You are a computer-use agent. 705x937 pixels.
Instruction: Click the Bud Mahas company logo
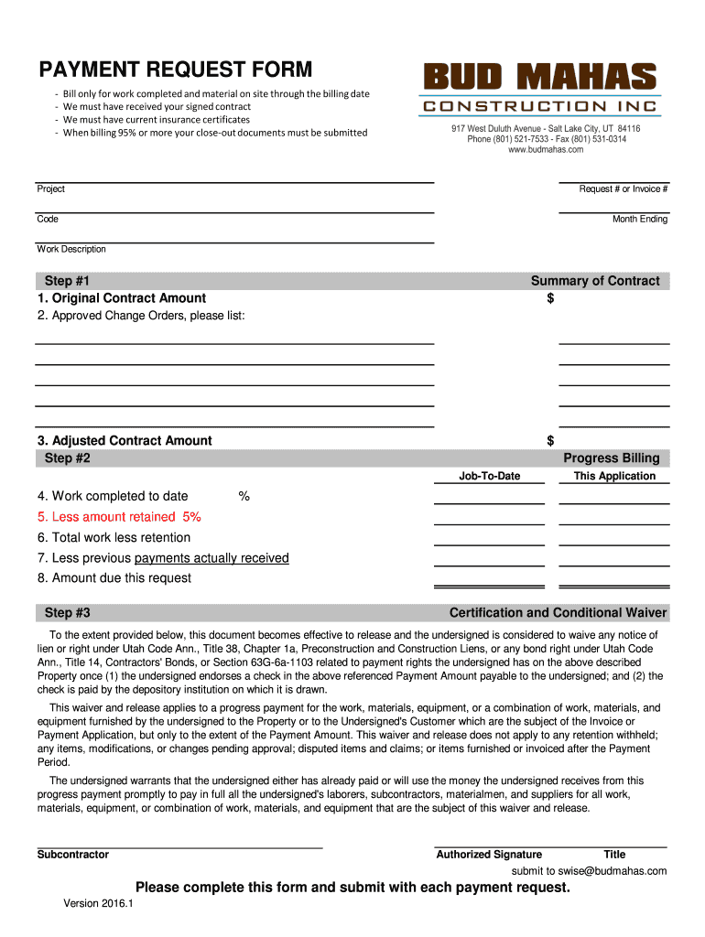[538, 89]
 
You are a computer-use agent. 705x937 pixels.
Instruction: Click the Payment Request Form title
[175, 70]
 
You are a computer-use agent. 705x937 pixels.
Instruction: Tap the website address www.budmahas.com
[545, 150]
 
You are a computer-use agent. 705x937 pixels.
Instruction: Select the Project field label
[50, 189]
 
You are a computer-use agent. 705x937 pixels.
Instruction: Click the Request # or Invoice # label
[623, 189]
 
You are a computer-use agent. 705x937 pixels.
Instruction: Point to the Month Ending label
[639, 220]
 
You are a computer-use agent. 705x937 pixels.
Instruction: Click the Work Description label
[71, 250]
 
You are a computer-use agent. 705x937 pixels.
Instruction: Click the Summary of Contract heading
[594, 281]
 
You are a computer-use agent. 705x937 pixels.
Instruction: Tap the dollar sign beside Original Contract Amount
[550, 298]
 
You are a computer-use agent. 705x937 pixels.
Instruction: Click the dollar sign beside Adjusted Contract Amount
[550, 441]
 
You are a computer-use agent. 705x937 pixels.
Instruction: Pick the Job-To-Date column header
[489, 476]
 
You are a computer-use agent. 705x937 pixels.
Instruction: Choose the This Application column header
[614, 476]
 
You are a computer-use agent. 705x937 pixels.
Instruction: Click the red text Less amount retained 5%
[119, 517]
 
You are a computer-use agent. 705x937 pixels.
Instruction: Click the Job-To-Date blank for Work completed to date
[489, 498]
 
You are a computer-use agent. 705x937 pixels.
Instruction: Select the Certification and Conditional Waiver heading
[558, 613]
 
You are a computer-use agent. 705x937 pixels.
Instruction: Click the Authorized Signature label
[489, 855]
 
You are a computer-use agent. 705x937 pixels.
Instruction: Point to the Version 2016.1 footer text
[98, 904]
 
